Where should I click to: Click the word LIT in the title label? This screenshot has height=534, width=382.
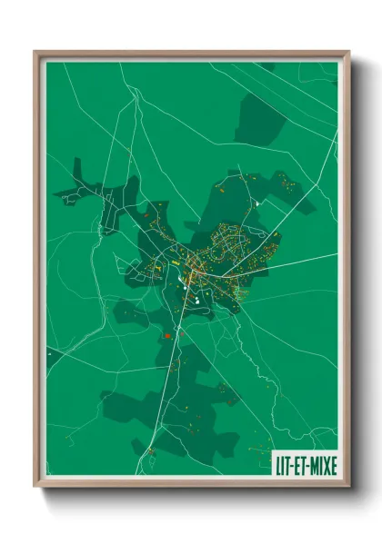(284, 465)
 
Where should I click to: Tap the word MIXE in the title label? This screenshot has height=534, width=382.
(320, 465)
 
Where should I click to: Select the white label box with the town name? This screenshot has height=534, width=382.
(305, 465)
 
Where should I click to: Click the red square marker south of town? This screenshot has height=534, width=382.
(167, 337)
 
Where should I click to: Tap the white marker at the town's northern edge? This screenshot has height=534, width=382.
(257, 203)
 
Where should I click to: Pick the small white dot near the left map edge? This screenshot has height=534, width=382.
(48, 351)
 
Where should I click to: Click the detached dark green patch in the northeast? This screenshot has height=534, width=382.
(261, 118)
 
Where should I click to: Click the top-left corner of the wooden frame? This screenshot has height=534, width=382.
(36, 53)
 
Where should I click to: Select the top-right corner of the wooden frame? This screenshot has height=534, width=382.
(347, 53)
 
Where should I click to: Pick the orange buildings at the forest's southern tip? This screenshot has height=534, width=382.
(150, 450)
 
